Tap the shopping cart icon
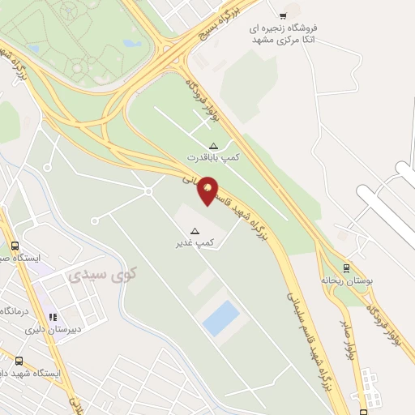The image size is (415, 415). (283, 15)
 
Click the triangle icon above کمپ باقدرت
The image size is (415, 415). (213, 146)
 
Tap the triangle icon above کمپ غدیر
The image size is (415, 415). (195, 232)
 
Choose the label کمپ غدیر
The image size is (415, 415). (195, 243)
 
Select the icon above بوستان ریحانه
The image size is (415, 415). (347, 267)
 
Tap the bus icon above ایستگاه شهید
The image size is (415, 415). (18, 361)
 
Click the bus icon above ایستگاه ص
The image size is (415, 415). (14, 246)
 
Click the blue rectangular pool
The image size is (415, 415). (221, 318)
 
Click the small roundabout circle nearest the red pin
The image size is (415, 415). (148, 191)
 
